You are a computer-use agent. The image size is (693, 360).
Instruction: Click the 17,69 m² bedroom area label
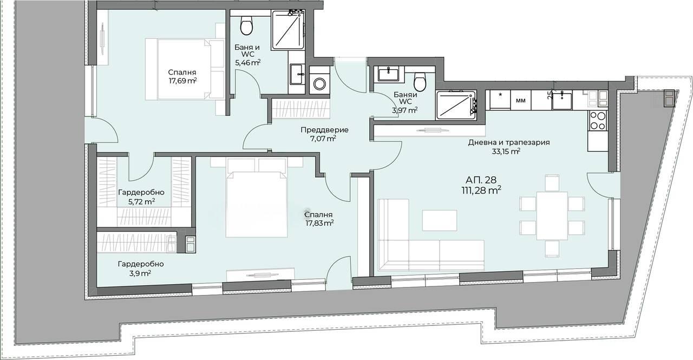182,81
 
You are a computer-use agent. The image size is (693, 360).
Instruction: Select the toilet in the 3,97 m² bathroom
420,82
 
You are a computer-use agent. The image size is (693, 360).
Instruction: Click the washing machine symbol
319,83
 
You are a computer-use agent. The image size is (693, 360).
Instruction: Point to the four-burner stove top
598,121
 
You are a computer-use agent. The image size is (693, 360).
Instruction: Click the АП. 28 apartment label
481,180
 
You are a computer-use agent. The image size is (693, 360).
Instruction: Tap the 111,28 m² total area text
481,190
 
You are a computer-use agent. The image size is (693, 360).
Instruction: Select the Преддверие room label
324,130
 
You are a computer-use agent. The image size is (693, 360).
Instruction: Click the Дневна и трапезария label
509,142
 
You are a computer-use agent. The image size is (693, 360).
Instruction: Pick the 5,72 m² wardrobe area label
141,202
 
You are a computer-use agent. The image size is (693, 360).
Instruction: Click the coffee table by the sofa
440,220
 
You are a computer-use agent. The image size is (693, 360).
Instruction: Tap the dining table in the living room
552,215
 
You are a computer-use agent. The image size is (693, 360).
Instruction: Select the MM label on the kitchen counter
521,101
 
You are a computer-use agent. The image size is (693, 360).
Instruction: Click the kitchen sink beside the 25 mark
562,100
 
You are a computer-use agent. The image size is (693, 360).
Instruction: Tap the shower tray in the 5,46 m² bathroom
287,30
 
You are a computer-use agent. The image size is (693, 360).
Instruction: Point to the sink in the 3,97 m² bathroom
388,75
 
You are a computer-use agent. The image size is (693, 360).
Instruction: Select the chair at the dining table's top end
552,183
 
